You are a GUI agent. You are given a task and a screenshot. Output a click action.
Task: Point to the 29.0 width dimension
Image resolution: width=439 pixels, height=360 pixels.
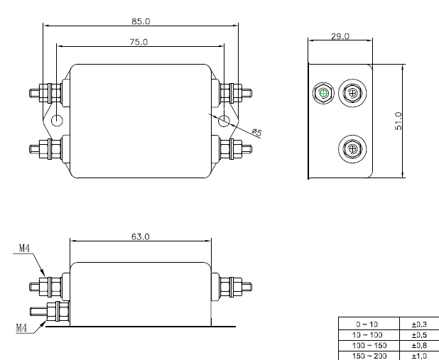[x=340, y=36]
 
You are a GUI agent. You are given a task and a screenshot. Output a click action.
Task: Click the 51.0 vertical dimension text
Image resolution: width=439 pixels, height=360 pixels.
[x=399, y=121]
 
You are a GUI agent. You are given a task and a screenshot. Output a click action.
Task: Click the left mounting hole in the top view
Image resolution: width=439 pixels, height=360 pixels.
[x=58, y=120]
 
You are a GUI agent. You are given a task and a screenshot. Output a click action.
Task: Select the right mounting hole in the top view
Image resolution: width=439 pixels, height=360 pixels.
[x=224, y=120]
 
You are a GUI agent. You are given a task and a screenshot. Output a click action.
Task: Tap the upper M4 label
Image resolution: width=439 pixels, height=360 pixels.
[x=23, y=248]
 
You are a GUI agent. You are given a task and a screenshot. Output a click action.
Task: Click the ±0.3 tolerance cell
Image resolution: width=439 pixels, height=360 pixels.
[x=418, y=324]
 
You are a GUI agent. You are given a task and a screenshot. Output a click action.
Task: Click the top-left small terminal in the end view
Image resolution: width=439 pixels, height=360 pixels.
[x=323, y=94]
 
